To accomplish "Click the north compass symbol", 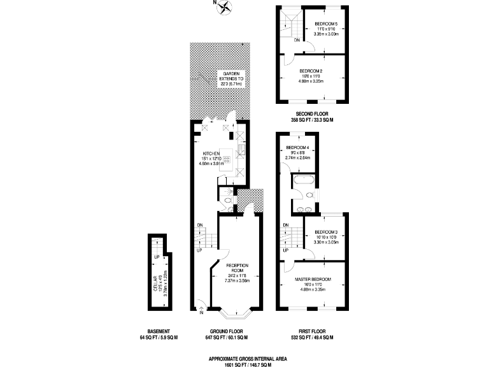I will [x=226, y=7].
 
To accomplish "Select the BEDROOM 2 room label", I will [x=311, y=71].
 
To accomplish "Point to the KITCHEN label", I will [x=211, y=154].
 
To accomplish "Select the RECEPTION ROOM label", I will [x=232, y=268].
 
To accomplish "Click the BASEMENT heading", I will [x=158, y=332].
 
